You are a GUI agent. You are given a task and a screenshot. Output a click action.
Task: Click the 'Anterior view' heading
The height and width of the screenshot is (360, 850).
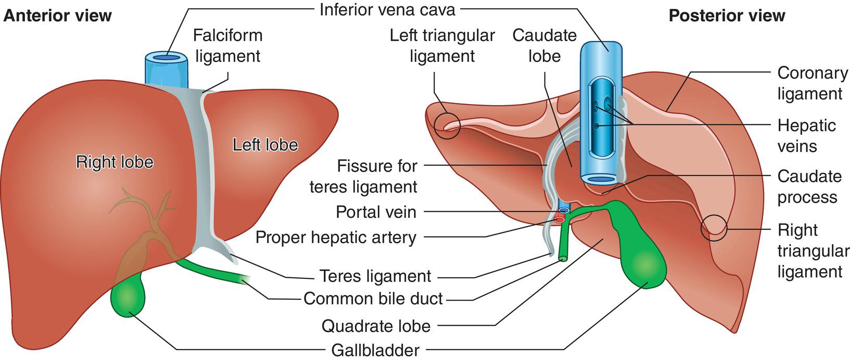pos(57,16)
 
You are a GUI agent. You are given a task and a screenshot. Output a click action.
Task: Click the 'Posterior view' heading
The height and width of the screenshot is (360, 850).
pos(727,16)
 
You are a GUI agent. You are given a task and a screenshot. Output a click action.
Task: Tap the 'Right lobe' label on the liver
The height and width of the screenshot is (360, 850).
pos(115,162)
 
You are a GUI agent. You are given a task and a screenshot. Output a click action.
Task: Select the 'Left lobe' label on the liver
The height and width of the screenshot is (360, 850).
pos(265,145)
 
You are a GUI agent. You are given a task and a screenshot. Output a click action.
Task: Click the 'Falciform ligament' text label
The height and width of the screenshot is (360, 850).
pos(227,45)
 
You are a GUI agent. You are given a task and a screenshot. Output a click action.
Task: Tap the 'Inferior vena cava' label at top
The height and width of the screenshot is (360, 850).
pos(387,9)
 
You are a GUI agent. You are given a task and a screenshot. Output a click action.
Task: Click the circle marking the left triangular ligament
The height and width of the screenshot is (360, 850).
pos(448,125)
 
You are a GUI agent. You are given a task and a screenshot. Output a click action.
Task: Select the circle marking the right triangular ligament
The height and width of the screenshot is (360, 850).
pos(713,228)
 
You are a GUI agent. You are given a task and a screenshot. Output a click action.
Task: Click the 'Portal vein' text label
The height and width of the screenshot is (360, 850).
pos(376,212)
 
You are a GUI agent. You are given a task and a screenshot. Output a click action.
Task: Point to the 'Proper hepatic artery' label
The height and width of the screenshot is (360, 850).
pos(336,237)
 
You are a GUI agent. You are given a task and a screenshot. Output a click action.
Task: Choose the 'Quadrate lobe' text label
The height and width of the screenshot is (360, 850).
pos(376,326)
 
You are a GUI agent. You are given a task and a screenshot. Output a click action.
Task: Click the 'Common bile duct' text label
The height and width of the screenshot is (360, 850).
pos(373,299)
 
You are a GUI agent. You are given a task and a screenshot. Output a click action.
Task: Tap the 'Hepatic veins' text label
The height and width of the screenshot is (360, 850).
pos(806,135)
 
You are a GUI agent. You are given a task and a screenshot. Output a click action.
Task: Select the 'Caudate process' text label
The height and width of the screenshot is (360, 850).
pos(809,187)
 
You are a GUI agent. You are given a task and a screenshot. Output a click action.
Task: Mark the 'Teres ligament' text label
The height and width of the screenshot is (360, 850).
pos(375,276)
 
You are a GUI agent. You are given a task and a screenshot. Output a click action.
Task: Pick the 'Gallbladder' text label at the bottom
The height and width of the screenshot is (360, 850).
pos(375,350)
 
